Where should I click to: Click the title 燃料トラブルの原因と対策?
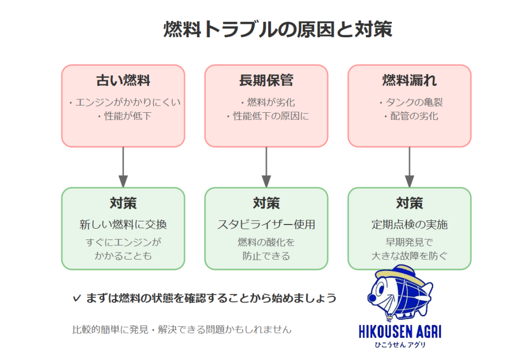[277, 30]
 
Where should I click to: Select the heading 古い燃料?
[123, 81]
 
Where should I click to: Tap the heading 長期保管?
[266, 81]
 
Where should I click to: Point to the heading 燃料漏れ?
[409, 81]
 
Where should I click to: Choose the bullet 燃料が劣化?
[268, 102]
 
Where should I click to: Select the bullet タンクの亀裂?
[410, 102]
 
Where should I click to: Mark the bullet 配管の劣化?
[410, 116]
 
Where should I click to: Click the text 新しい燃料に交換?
[123, 225]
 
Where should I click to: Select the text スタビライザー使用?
[266, 225]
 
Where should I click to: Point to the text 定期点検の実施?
[409, 225]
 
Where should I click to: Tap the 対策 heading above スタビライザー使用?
[266, 203]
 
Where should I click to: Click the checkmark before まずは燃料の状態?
[77, 298]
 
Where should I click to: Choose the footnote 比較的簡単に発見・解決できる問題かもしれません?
[182, 329]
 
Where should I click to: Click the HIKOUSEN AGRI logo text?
[400, 331]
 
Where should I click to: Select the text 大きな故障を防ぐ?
[409, 256]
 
